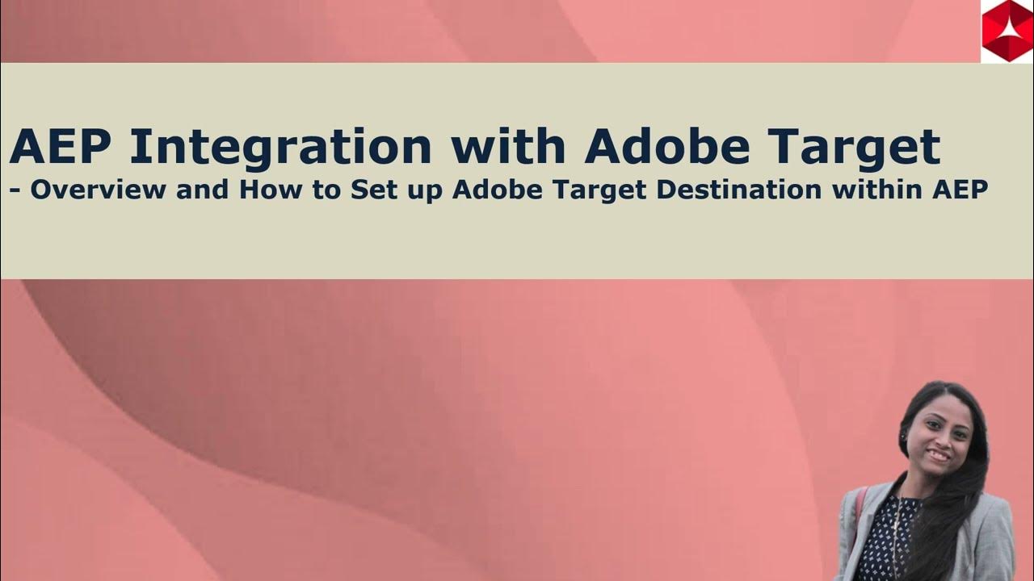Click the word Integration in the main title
[x=280, y=147]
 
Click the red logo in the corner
[x=1006, y=31]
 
